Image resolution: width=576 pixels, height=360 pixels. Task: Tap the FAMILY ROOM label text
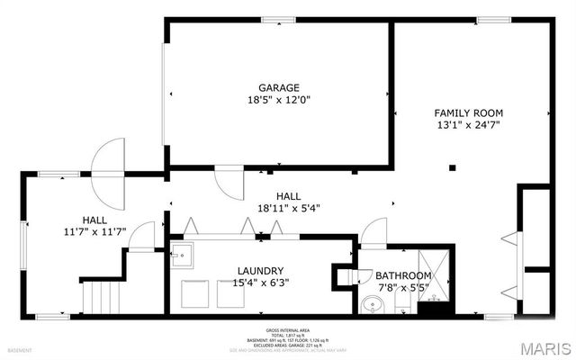(x=468, y=112)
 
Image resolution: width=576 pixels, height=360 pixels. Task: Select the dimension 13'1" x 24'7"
(x=468, y=126)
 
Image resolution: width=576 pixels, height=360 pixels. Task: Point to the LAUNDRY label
(x=261, y=271)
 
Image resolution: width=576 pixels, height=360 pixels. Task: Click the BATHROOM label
(x=401, y=275)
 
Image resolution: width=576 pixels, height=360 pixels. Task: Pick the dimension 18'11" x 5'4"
(x=288, y=208)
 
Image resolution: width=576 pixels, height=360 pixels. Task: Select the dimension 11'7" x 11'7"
(x=94, y=231)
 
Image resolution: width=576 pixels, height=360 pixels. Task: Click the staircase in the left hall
(x=101, y=295)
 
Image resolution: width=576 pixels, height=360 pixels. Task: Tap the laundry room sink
(x=182, y=253)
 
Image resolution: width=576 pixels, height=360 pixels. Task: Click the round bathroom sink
(x=373, y=306)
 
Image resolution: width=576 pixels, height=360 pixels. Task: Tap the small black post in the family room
(x=453, y=166)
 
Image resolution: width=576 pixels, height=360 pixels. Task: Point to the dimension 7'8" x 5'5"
(x=401, y=288)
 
